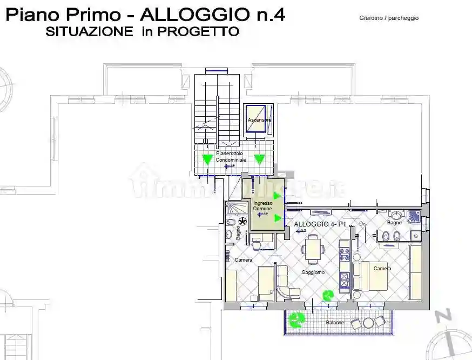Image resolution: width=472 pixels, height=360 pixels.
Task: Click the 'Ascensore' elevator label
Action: (x=259, y=119)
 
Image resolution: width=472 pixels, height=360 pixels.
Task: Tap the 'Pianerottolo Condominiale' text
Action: (x=231, y=157)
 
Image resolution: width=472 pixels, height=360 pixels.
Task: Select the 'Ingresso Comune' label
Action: (x=262, y=206)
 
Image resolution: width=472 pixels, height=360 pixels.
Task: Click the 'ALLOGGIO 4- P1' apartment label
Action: (x=319, y=223)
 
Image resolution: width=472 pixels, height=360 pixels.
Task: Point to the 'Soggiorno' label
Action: (x=313, y=272)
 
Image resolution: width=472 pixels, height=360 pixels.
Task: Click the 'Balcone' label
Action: (x=334, y=323)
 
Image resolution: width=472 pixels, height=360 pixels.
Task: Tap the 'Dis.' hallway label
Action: (x=363, y=223)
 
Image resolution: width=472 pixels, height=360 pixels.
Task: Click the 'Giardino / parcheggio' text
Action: (x=389, y=18)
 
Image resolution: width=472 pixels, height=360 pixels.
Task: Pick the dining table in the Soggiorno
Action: (x=313, y=249)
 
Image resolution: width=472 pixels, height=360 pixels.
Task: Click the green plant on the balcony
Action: (x=295, y=321)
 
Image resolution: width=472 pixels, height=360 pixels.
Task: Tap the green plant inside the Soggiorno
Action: (x=328, y=295)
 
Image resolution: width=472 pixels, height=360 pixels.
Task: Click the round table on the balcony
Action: (x=369, y=323)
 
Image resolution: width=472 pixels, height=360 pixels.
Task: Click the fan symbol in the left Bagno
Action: (x=242, y=222)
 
